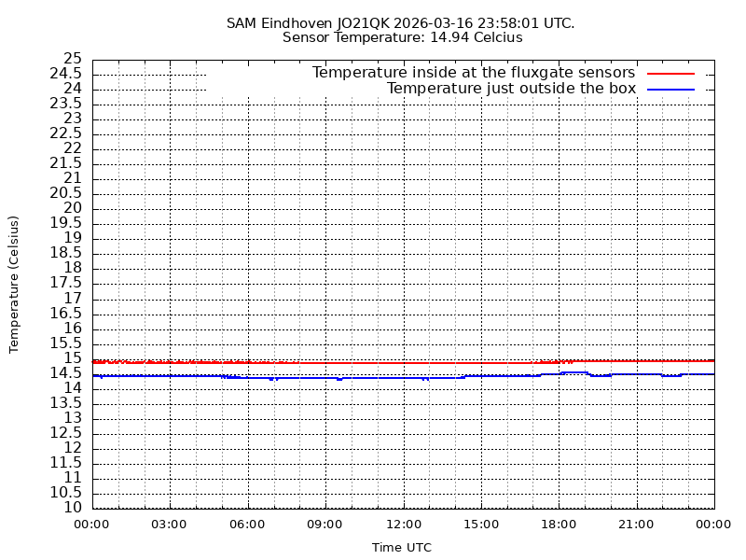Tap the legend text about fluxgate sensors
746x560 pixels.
(x=473, y=73)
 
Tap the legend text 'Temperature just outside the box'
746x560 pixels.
(x=511, y=89)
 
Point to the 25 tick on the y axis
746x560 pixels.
(x=73, y=59)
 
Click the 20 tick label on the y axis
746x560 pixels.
(x=73, y=208)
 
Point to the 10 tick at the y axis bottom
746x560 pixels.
(x=73, y=508)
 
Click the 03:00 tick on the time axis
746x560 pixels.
(x=170, y=525)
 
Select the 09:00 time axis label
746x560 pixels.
(x=325, y=525)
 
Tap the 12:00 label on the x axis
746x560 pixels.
(x=403, y=525)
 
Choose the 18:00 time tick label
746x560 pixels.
(x=559, y=525)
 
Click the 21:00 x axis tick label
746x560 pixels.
(x=636, y=525)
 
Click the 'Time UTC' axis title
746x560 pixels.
(x=402, y=548)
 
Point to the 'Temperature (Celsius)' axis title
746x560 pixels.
(x=14, y=284)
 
